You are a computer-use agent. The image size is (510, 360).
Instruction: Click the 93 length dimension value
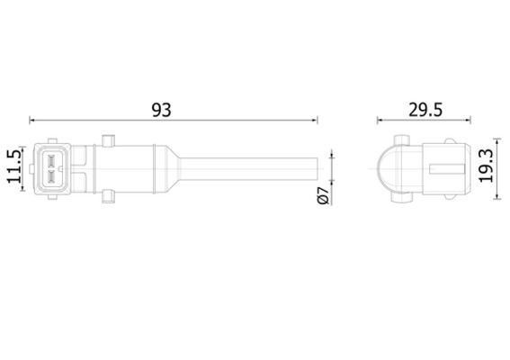click(161, 110)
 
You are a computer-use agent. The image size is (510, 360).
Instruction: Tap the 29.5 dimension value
click(425, 110)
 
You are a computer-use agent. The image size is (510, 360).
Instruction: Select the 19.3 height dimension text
click(487, 166)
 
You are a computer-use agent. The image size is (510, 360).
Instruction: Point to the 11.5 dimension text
click(14, 166)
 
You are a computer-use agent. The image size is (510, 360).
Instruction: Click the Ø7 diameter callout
click(324, 195)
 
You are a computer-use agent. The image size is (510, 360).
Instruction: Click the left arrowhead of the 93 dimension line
click(31, 121)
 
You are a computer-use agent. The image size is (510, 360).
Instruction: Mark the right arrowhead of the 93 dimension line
click(315, 121)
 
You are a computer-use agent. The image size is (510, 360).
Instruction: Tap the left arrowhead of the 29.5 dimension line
click(380, 121)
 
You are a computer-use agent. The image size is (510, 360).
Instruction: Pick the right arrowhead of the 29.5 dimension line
click(469, 121)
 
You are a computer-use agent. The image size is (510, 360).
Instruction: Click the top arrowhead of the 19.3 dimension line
click(497, 141)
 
